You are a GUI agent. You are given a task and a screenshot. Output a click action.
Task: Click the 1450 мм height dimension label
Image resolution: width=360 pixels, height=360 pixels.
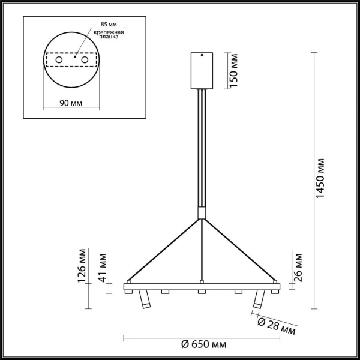point(322,178)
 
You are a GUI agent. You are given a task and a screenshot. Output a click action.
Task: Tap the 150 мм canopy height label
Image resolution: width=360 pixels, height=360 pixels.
point(235,70)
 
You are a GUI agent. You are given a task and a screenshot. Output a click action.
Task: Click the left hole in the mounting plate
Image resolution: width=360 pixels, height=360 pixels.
point(59,61)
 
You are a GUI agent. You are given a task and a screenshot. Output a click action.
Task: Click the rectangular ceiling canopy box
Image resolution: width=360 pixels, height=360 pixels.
point(202,70)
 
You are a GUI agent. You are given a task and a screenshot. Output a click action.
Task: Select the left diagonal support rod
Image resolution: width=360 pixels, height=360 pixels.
point(165,249)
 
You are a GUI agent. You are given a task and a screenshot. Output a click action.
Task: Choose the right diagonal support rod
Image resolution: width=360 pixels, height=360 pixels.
point(239,249)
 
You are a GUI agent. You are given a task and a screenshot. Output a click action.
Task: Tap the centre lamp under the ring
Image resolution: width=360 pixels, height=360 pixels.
point(202,292)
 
